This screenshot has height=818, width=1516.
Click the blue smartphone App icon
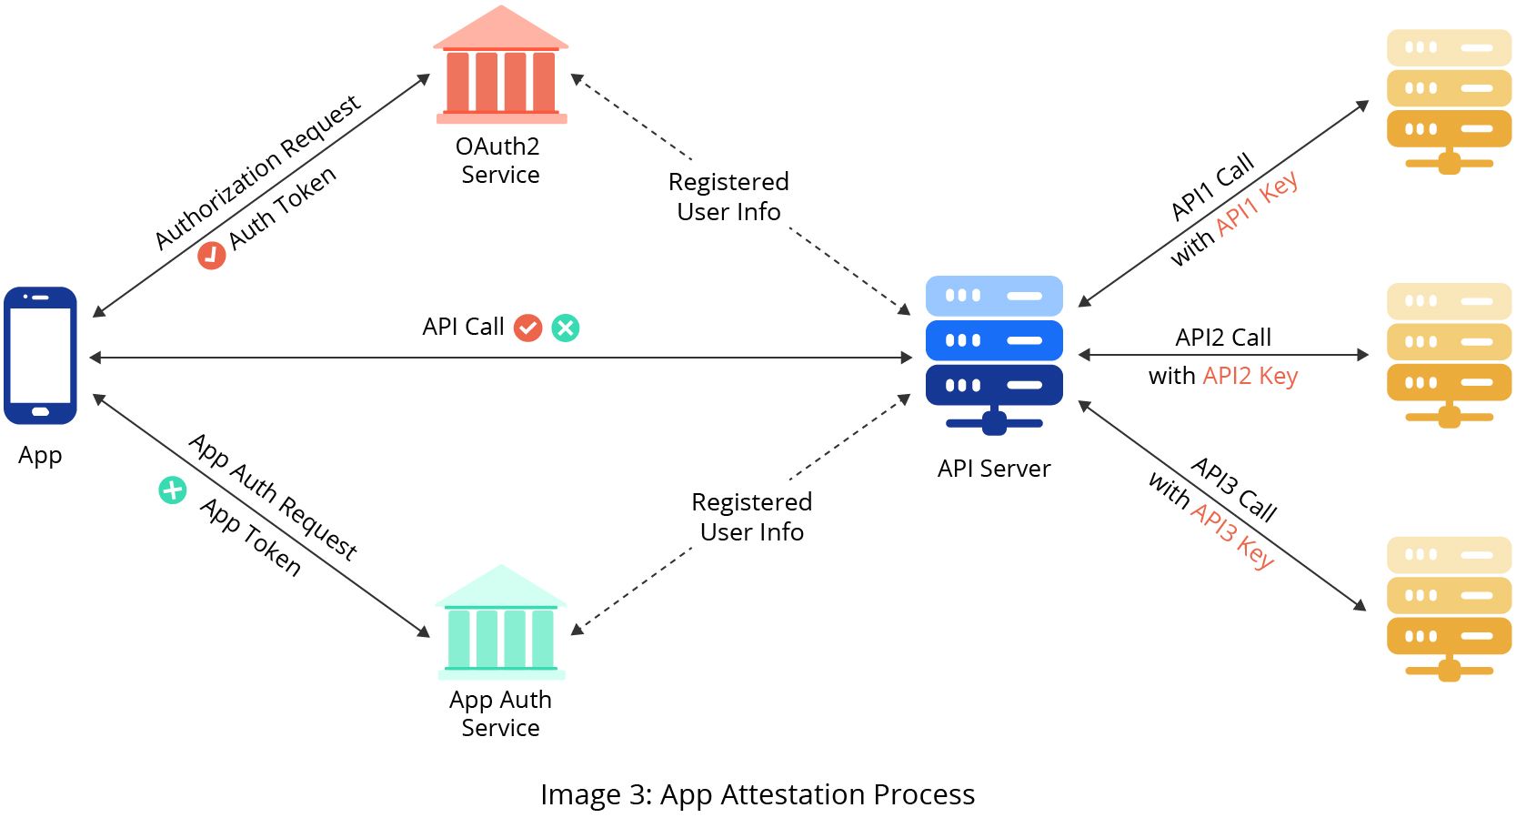tap(40, 356)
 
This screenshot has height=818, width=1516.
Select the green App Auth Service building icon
tap(500, 624)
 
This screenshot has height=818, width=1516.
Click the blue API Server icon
tap(994, 353)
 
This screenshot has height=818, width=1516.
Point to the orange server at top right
tap(1449, 100)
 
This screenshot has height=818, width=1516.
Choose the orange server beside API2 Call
tap(1449, 354)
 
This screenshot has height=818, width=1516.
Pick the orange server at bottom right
tap(1449, 608)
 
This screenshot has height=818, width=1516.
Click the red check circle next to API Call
tap(527, 328)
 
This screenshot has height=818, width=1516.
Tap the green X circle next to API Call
tap(566, 328)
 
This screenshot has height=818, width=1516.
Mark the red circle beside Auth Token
tap(211, 255)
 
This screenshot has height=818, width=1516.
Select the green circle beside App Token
tap(173, 490)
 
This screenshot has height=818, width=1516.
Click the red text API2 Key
tap(1250, 376)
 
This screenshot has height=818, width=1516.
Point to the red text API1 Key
tap(1258, 204)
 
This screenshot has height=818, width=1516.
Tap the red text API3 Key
tap(1233, 535)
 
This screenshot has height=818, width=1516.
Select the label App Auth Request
tap(273, 497)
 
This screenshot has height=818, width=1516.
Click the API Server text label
tap(994, 469)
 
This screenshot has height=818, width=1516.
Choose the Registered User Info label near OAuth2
tap(728, 197)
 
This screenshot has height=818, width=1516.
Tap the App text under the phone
tap(40, 455)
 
